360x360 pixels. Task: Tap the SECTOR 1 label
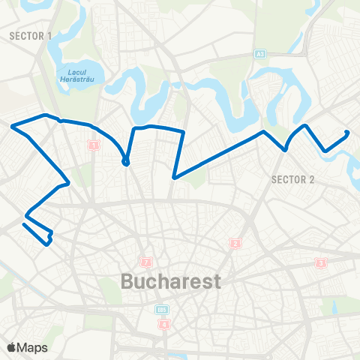coord(30,35)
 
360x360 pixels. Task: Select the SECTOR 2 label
coord(292,178)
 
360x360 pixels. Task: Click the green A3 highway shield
coord(260,54)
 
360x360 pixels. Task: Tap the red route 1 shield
coord(94,145)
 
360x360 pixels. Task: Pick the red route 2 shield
coord(235,243)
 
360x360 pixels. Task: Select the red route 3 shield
coord(321,262)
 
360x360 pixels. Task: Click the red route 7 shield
coord(146,262)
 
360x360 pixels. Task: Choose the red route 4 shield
coord(164,325)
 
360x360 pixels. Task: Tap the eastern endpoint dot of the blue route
coord(347,133)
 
